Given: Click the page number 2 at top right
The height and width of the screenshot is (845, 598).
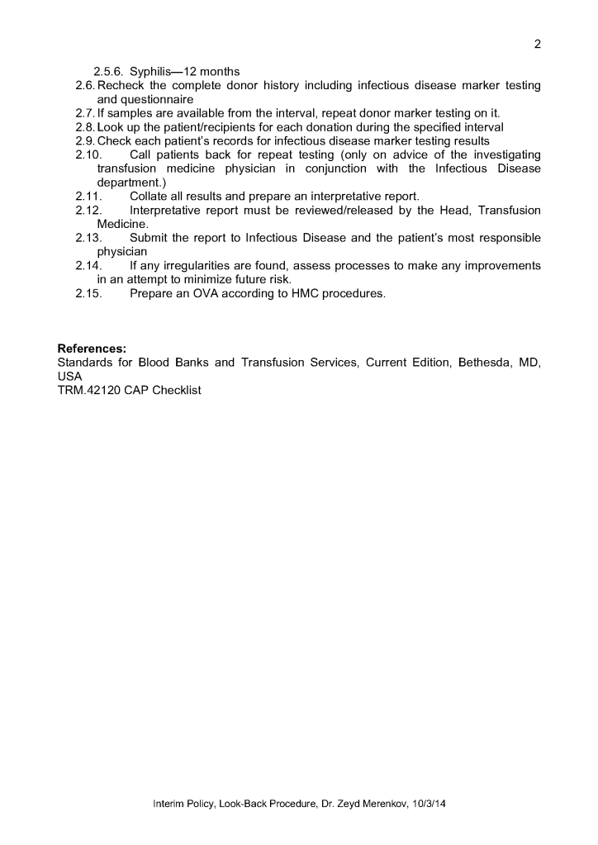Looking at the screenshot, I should [x=537, y=45].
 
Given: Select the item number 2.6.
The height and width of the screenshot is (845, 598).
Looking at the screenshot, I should [x=85, y=85].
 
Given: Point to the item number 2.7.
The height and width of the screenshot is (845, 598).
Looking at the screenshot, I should [x=85, y=113].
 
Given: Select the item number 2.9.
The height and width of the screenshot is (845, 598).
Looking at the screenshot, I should [x=85, y=141].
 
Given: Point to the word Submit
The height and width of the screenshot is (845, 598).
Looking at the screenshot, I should [x=151, y=238].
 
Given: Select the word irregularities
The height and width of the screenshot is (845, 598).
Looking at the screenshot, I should [x=182, y=266].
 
